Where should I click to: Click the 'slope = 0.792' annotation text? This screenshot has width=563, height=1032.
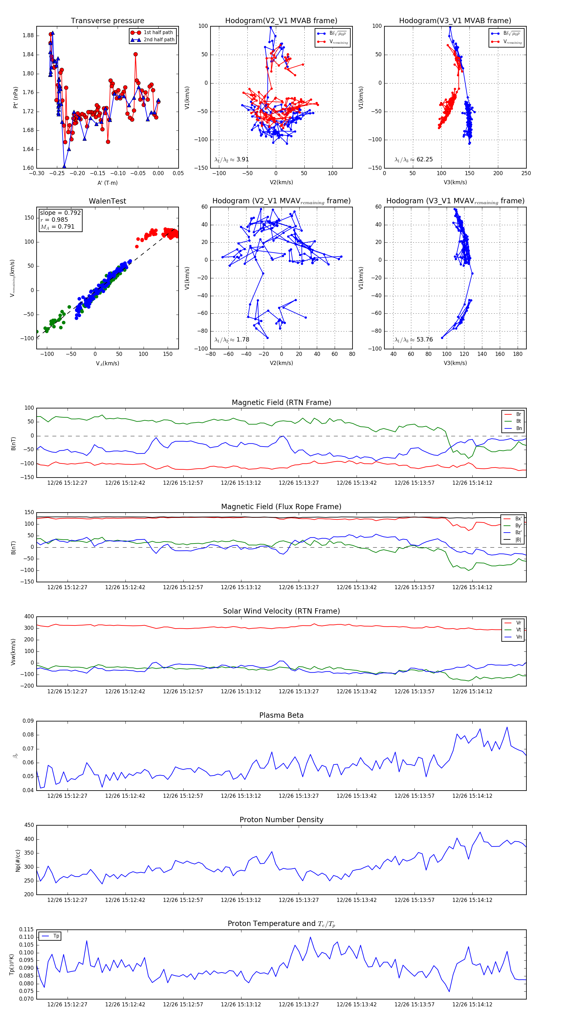coord(60,213)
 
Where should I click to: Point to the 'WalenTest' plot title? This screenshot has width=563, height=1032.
coord(107,201)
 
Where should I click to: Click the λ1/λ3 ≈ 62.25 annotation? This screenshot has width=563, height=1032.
coord(413,159)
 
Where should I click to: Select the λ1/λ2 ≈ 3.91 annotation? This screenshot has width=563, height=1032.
coord(231,159)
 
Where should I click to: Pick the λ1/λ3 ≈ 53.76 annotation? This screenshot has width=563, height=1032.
coord(413,340)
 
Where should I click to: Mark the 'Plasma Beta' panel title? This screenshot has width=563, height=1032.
coord(281,716)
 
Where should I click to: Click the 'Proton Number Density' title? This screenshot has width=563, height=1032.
coord(281,820)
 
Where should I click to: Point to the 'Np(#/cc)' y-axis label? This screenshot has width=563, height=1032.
coord(18,860)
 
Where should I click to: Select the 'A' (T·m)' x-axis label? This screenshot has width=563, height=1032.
coord(107,183)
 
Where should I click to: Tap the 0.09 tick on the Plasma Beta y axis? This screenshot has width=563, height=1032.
coord(28,721)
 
